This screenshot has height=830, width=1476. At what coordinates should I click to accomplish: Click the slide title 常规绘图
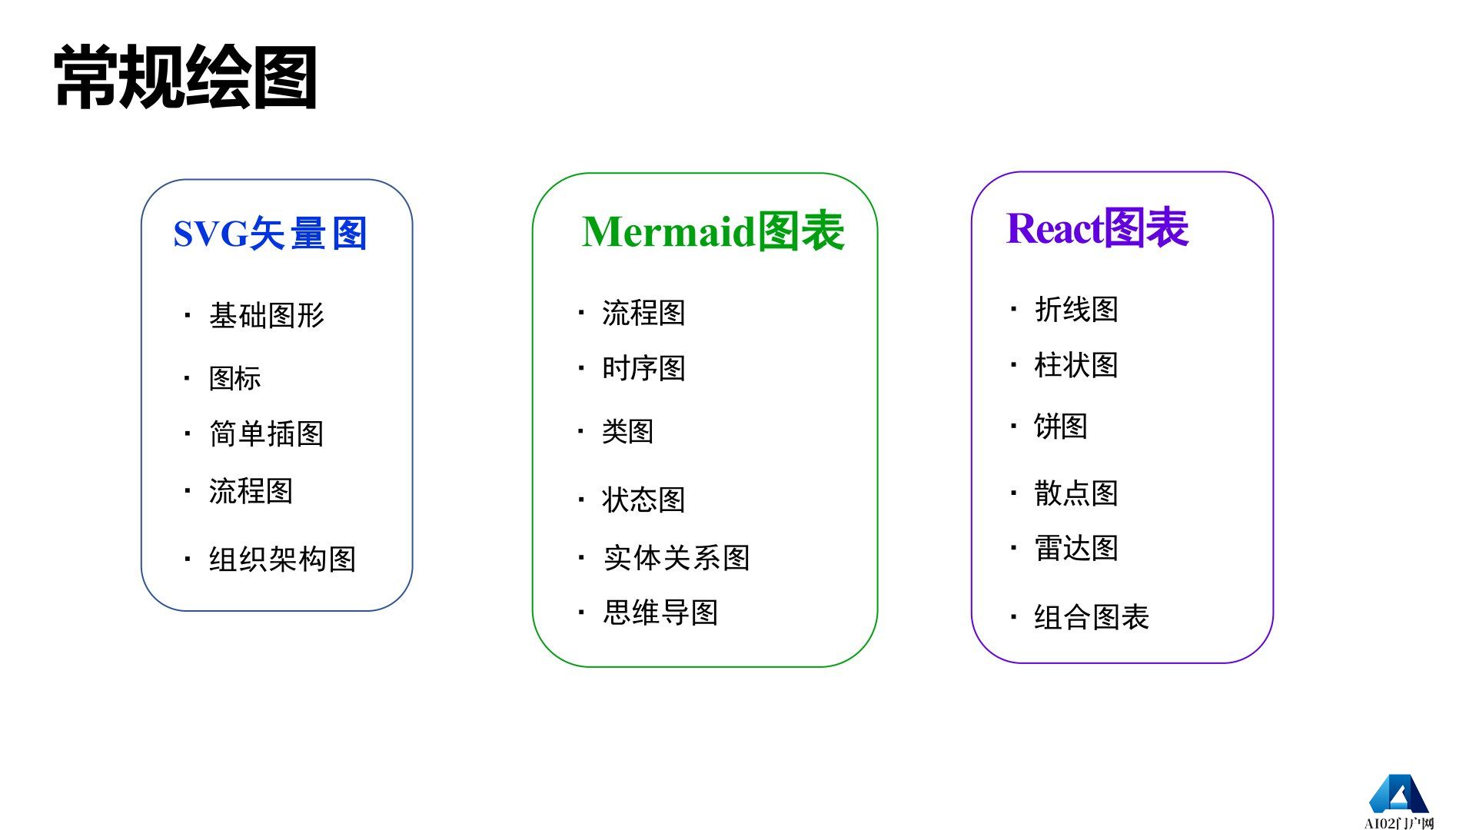coord(185,77)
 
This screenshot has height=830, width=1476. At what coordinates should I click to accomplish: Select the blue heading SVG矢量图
coord(270,234)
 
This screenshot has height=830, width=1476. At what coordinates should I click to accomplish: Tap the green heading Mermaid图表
coord(713,231)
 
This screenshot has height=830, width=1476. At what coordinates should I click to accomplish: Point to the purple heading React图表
coord(1097,228)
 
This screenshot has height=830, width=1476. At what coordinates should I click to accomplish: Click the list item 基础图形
coord(267,315)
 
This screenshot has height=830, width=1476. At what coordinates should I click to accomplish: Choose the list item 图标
coord(235,378)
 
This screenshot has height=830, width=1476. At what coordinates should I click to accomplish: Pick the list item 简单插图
coord(266,433)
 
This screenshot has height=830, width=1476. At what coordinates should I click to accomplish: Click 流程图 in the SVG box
coord(251,490)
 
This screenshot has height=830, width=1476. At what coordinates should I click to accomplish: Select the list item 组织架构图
coord(282,559)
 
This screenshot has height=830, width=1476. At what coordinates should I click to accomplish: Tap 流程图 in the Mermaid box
coord(643,313)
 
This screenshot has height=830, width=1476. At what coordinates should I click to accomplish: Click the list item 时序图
coord(643,368)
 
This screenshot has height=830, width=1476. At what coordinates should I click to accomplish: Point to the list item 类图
coord(627,431)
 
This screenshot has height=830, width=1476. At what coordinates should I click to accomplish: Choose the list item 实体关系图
coord(676,557)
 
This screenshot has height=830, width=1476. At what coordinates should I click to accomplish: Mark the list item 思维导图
coord(660,613)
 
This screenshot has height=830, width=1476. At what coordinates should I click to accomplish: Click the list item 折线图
coord(1076,309)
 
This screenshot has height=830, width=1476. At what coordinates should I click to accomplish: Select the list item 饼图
coord(1061,426)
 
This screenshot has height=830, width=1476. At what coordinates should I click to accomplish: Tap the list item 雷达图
coord(1076,548)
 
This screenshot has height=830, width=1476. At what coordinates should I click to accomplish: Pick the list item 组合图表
coord(1092,616)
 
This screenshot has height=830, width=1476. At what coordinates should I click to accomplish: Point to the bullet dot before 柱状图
coord(1014,364)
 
